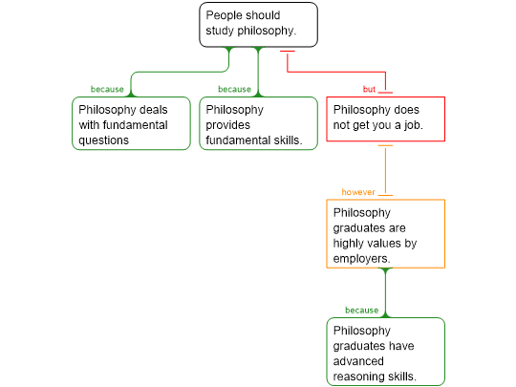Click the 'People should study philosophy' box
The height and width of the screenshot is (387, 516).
pyautogui.click(x=258, y=25)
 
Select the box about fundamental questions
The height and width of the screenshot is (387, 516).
pyautogui.click(x=131, y=123)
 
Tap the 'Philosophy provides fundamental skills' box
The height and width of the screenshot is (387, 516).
pyautogui.click(x=258, y=123)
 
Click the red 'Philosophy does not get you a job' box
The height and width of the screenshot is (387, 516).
pyautogui.click(x=386, y=119)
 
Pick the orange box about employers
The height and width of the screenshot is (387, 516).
pyautogui.click(x=386, y=234)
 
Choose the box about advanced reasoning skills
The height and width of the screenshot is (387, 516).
pyautogui.click(x=386, y=352)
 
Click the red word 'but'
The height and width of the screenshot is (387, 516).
pyautogui.click(x=369, y=89)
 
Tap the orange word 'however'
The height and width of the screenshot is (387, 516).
pyautogui.click(x=358, y=192)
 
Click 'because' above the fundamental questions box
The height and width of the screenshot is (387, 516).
pyautogui.click(x=107, y=89)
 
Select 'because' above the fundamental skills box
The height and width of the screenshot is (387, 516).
pyautogui.click(x=234, y=89)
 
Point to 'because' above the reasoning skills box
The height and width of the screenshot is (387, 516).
pyautogui.click(x=361, y=311)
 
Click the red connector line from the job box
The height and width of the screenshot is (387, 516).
pyautogui.click(x=335, y=72)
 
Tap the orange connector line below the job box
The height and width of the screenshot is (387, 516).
pyautogui.click(x=385, y=170)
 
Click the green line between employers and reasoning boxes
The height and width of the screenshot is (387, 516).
pyautogui.click(x=385, y=293)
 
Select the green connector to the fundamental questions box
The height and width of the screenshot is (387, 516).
pyautogui.click(x=180, y=72)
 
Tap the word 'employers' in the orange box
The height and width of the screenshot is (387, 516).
pyautogui.click(x=361, y=259)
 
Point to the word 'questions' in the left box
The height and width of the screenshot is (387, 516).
pyautogui.click(x=103, y=140)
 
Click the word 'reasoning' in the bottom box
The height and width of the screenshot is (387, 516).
pyautogui.click(x=362, y=376)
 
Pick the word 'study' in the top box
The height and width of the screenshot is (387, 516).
pyautogui.click(x=220, y=31)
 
